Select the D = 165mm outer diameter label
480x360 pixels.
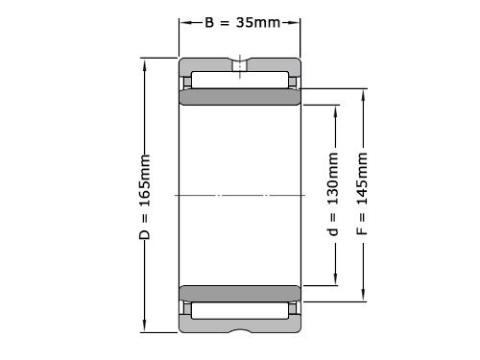click(x=145, y=196)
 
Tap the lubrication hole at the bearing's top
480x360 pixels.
click(x=238, y=66)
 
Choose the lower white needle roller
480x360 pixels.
click(x=238, y=311)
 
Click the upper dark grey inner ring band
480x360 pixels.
click(x=238, y=98)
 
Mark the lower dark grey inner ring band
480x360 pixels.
click(x=238, y=293)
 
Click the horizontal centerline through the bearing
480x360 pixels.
click(x=238, y=196)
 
